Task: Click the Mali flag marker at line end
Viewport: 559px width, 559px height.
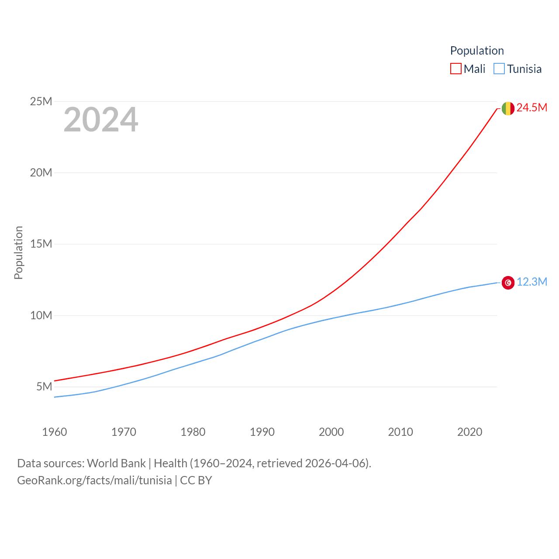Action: (508, 108)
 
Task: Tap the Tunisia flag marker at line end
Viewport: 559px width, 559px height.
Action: (508, 283)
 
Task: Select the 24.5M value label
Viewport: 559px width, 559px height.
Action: (531, 108)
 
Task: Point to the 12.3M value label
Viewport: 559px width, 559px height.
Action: (531, 282)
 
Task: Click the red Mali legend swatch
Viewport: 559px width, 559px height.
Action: (455, 69)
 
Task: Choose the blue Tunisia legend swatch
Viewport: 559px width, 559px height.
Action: (499, 69)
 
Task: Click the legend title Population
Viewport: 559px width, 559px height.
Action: (477, 51)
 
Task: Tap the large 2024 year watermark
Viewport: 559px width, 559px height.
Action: (101, 120)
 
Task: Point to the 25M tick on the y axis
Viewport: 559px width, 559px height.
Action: (41, 102)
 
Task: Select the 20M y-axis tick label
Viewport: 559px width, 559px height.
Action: (41, 173)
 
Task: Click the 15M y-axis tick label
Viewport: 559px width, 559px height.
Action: (41, 244)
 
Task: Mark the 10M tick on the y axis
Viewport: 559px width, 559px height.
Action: (41, 315)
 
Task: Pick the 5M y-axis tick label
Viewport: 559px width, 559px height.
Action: (44, 386)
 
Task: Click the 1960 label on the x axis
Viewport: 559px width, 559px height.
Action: (55, 432)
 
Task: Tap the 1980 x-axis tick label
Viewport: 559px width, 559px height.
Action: (193, 432)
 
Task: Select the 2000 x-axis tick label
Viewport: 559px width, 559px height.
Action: (331, 432)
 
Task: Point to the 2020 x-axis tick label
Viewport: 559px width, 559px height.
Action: (470, 432)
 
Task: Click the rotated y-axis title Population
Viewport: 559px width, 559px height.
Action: (18, 252)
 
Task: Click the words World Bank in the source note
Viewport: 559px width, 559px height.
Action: (116, 463)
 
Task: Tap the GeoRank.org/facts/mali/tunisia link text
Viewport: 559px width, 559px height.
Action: (94, 480)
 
